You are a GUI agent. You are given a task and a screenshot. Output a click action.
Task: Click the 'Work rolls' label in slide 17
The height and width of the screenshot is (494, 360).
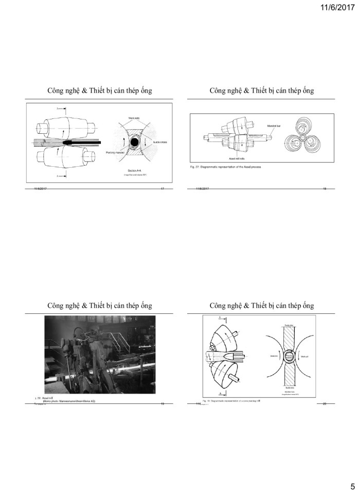pyautogui.click(x=134, y=116)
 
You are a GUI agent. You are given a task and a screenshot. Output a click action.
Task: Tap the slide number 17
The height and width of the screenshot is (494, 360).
pyautogui.click(x=162, y=190)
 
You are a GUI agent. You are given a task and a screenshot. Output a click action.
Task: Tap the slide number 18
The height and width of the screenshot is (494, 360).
pyautogui.click(x=325, y=190)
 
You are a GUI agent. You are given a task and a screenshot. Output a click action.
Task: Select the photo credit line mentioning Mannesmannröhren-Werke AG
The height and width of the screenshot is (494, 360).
pyautogui.click(x=69, y=401)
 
